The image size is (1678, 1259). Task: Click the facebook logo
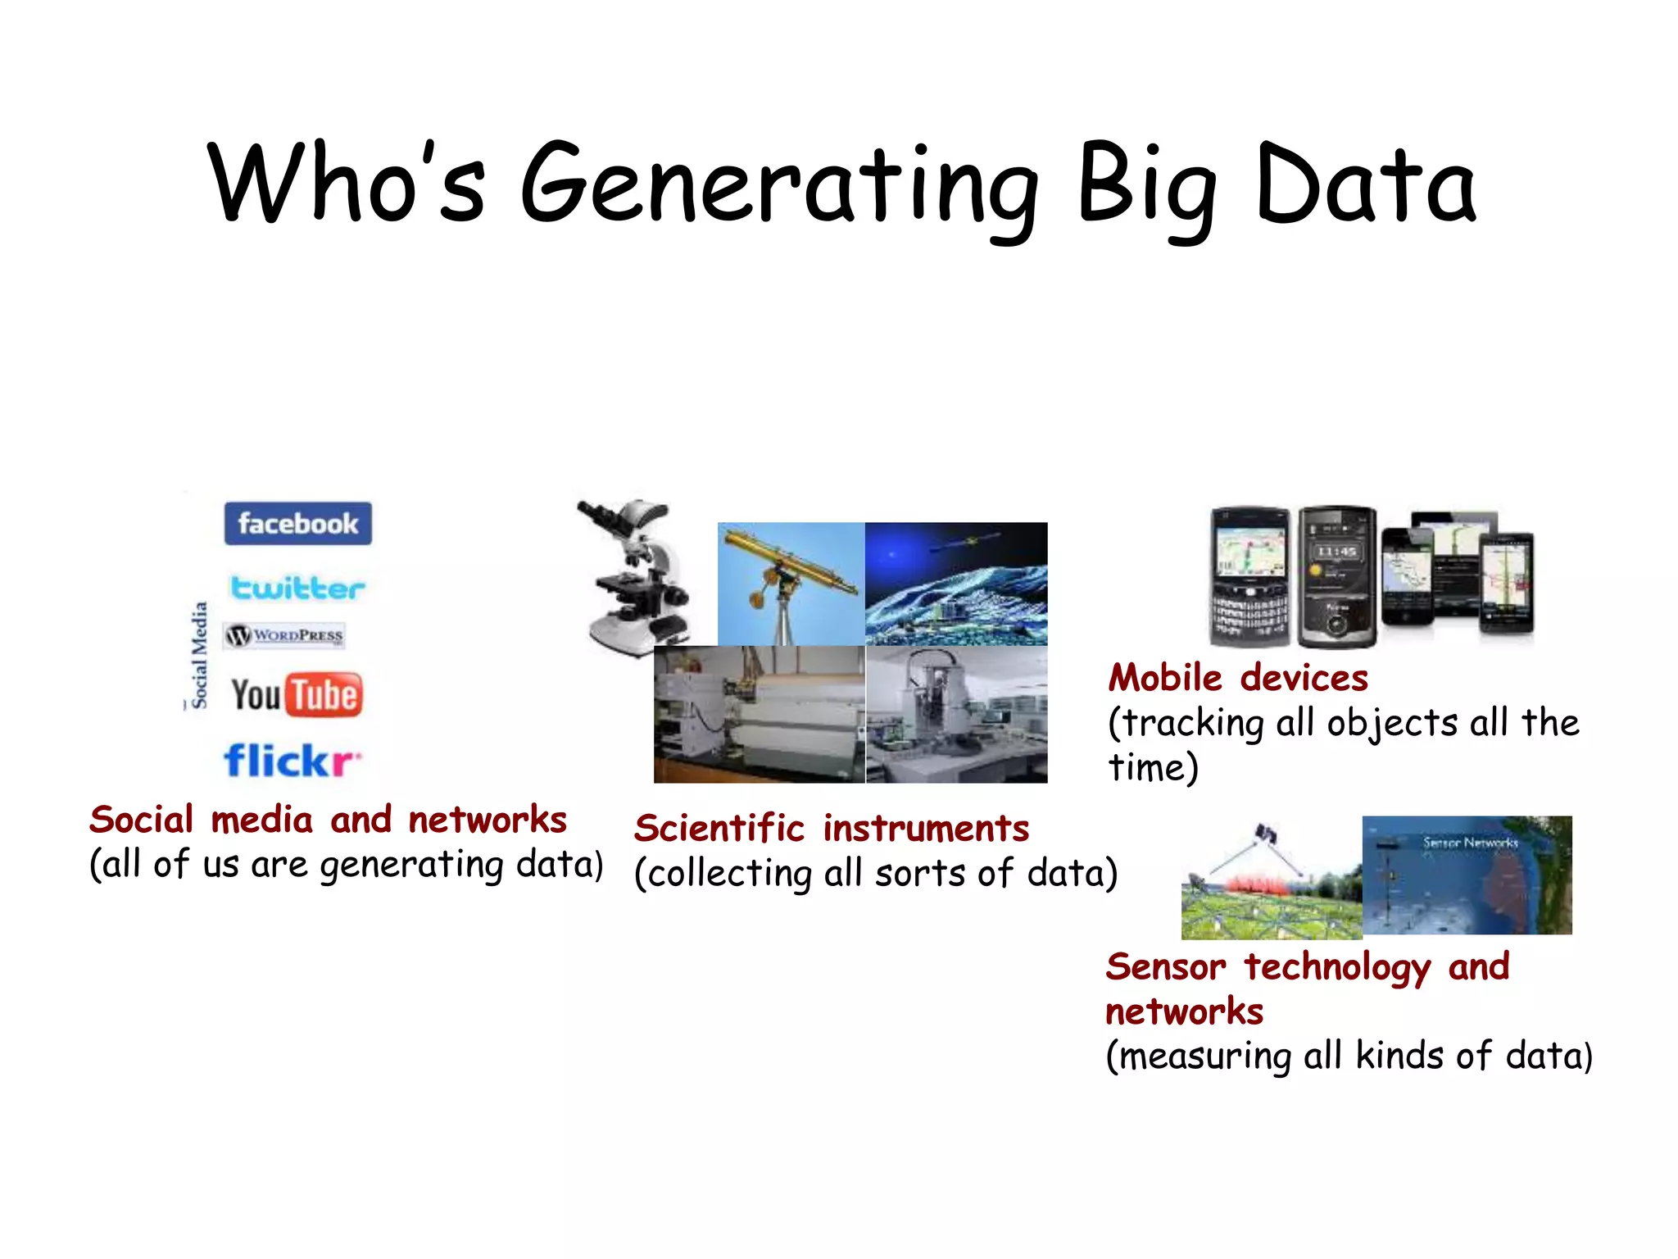(297, 523)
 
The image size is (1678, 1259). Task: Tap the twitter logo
(297, 588)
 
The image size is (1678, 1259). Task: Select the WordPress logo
(285, 635)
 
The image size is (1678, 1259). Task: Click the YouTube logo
(296, 695)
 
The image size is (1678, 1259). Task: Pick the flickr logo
(292, 761)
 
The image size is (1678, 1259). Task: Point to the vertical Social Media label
(199, 655)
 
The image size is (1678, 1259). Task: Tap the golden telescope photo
(791, 584)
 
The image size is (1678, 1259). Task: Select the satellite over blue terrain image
(956, 584)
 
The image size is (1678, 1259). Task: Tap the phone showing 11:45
(1336, 576)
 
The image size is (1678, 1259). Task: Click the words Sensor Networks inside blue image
(1470, 842)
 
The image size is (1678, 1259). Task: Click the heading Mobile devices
(1238, 678)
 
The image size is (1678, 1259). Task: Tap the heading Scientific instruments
(832, 828)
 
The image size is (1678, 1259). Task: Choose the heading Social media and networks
(328, 820)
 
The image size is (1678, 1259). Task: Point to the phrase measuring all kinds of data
(1349, 1056)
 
